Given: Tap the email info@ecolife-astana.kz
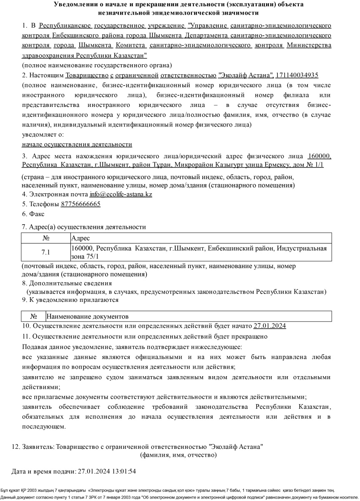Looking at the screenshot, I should tap(121, 195).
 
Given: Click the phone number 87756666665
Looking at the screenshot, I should tap(81, 204).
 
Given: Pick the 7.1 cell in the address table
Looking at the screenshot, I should tap(45, 252).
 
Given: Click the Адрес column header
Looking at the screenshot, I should tap(81, 238).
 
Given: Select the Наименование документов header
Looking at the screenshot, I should tap(88, 316).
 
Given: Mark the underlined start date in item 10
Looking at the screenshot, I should tap(269, 326).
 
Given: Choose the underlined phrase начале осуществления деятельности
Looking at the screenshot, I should tap(77, 144).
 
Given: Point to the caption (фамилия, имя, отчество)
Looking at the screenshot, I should tap(178, 455).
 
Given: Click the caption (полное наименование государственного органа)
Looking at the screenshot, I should tap(97, 65).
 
